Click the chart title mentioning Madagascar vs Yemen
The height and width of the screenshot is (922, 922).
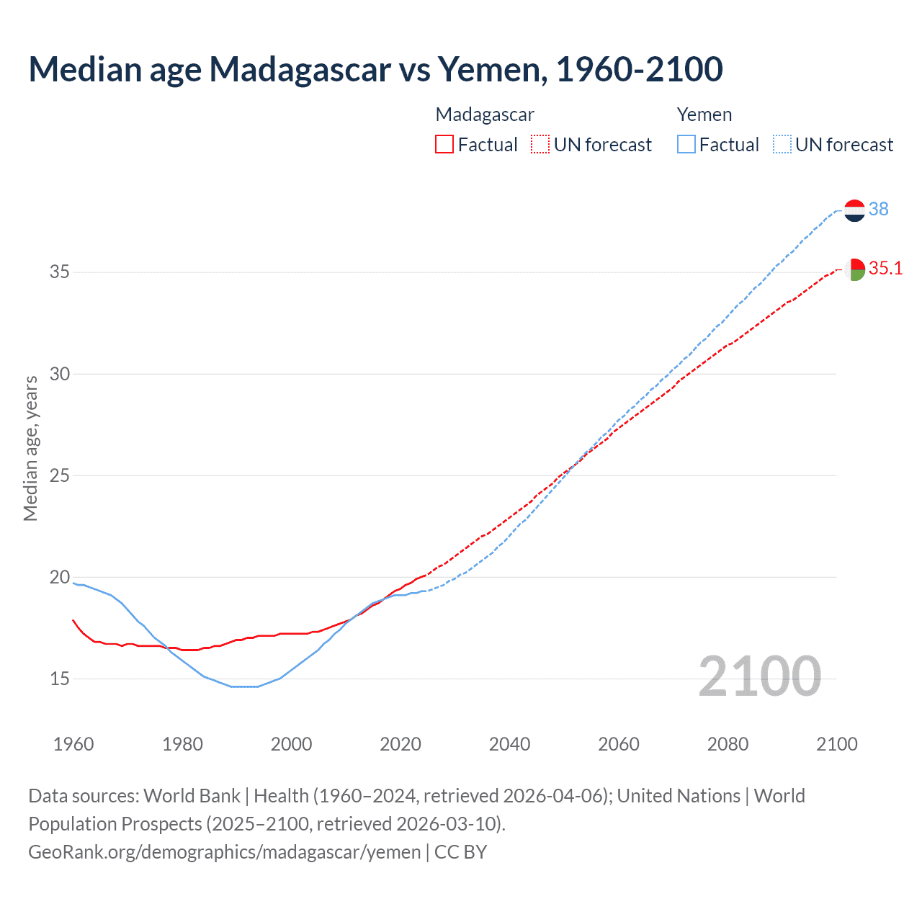point(375,69)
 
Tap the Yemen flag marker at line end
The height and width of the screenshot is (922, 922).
point(854,210)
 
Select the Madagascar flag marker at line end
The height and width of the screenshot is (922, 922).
point(854,269)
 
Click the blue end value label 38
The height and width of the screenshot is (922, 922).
point(879,209)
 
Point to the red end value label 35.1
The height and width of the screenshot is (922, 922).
point(885,269)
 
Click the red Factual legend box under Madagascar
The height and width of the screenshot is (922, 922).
point(444,145)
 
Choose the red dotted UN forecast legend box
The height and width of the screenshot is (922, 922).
point(540,145)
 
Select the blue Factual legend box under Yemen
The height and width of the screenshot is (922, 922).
point(686,145)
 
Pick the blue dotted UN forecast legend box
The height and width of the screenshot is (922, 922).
point(782,145)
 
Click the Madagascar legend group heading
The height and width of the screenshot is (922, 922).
point(485,115)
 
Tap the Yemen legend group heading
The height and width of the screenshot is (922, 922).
point(704,115)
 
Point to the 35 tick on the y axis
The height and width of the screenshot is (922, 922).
point(60,272)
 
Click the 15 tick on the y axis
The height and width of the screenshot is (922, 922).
point(60,679)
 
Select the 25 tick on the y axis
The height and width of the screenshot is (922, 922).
point(60,475)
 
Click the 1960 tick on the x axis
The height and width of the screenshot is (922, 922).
point(73,744)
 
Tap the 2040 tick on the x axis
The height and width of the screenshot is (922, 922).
point(509,744)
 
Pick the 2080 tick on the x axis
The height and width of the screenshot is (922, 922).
point(728,744)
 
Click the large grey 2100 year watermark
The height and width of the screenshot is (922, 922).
point(759,676)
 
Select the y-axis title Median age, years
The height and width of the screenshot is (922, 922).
point(30,448)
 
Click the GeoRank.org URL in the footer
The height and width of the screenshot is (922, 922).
point(224,852)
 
